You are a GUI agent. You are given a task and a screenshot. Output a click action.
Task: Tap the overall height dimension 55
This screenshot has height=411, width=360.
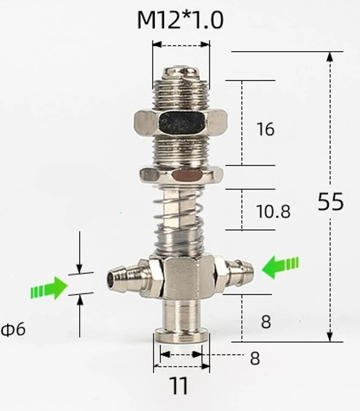pyautogui.click(x=331, y=202)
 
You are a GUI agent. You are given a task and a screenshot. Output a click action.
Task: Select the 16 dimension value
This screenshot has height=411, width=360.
pyautogui.click(x=265, y=129)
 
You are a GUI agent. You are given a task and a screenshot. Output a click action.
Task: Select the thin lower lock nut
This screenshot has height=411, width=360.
pyautogui.click(x=181, y=175)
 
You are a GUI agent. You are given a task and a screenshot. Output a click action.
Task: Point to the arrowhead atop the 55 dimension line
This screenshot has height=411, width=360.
pyautogui.click(x=329, y=57)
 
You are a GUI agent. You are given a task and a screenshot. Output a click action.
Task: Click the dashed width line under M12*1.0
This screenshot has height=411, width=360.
pyautogui.click(x=181, y=44)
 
